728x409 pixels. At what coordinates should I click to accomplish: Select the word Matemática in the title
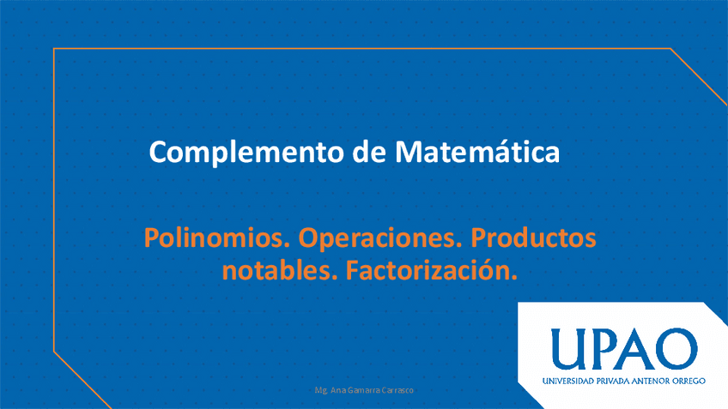477,151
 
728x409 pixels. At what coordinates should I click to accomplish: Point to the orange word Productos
533,238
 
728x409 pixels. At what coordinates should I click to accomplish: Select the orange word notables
280,270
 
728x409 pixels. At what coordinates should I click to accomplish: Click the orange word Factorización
431,270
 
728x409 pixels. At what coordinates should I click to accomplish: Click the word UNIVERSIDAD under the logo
567,382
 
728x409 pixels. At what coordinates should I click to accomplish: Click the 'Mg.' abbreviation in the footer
321,390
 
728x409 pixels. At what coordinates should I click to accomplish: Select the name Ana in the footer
338,390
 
